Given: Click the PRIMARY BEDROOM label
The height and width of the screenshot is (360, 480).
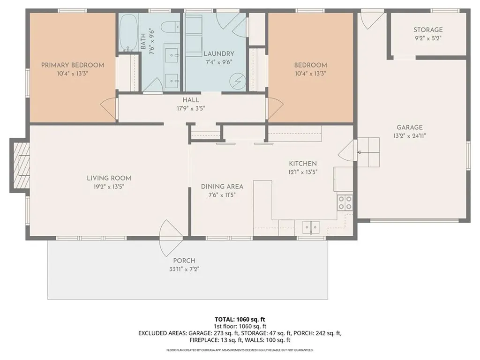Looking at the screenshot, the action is (x=73, y=65).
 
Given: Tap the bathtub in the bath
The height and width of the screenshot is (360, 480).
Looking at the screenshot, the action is (x=129, y=33).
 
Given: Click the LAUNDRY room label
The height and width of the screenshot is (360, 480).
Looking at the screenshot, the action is (x=219, y=54).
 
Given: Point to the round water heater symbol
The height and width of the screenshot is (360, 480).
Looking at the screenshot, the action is (x=238, y=81).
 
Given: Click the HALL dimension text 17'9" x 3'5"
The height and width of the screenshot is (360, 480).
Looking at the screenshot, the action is (x=191, y=108).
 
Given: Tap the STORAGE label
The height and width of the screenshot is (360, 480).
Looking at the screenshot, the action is (x=428, y=30).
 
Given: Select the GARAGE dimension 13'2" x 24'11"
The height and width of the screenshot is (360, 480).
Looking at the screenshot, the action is (x=410, y=135).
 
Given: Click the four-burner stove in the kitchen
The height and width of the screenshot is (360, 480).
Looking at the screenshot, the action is (x=345, y=203).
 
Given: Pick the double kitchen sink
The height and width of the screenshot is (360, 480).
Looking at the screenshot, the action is (x=311, y=227).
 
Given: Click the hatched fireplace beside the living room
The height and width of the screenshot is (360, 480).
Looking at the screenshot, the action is (x=20, y=165).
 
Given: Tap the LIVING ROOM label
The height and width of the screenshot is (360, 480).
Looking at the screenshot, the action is (x=109, y=178).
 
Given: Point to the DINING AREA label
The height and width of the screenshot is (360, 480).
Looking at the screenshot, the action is (x=222, y=187).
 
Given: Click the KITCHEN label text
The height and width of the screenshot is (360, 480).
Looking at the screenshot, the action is (x=303, y=164).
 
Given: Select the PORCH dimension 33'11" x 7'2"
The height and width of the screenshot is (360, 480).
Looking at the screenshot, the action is (x=184, y=270).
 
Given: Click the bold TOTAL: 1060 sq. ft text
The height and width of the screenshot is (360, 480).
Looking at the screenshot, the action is (x=240, y=320).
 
